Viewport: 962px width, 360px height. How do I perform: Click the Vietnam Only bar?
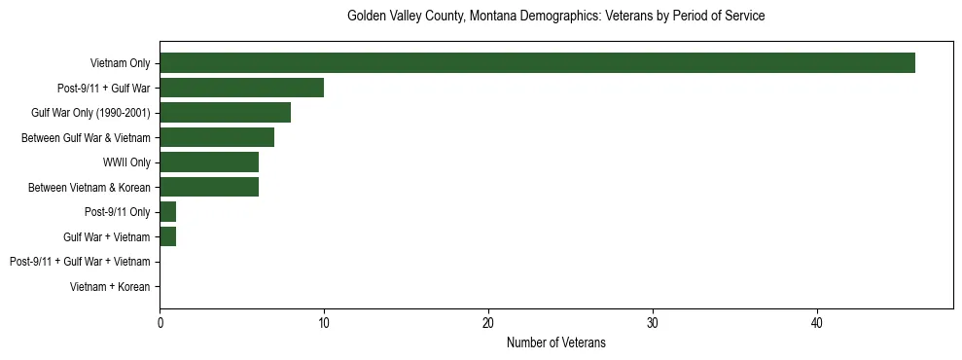537,63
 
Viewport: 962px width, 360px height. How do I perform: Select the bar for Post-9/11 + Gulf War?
241,89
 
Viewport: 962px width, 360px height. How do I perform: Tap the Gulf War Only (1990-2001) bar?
225,113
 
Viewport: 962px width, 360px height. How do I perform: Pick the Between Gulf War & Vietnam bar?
217,138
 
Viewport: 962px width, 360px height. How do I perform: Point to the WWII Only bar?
209,162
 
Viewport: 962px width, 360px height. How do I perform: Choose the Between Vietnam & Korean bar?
209,188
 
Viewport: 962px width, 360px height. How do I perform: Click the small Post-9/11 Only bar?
168,212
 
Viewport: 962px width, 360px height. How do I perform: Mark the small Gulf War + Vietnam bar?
168,237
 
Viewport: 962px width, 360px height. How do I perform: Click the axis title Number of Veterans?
555,342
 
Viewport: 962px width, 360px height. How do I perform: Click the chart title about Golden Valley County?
555,17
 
